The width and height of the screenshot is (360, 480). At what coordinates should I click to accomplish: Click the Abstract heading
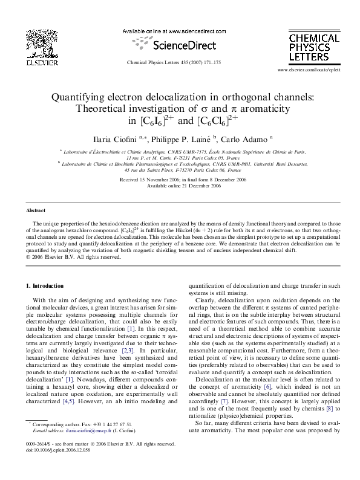36,210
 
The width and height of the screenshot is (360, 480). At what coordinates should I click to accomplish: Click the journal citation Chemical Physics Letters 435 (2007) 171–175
180,62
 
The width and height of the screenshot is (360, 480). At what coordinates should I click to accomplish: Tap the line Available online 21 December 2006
180,186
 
